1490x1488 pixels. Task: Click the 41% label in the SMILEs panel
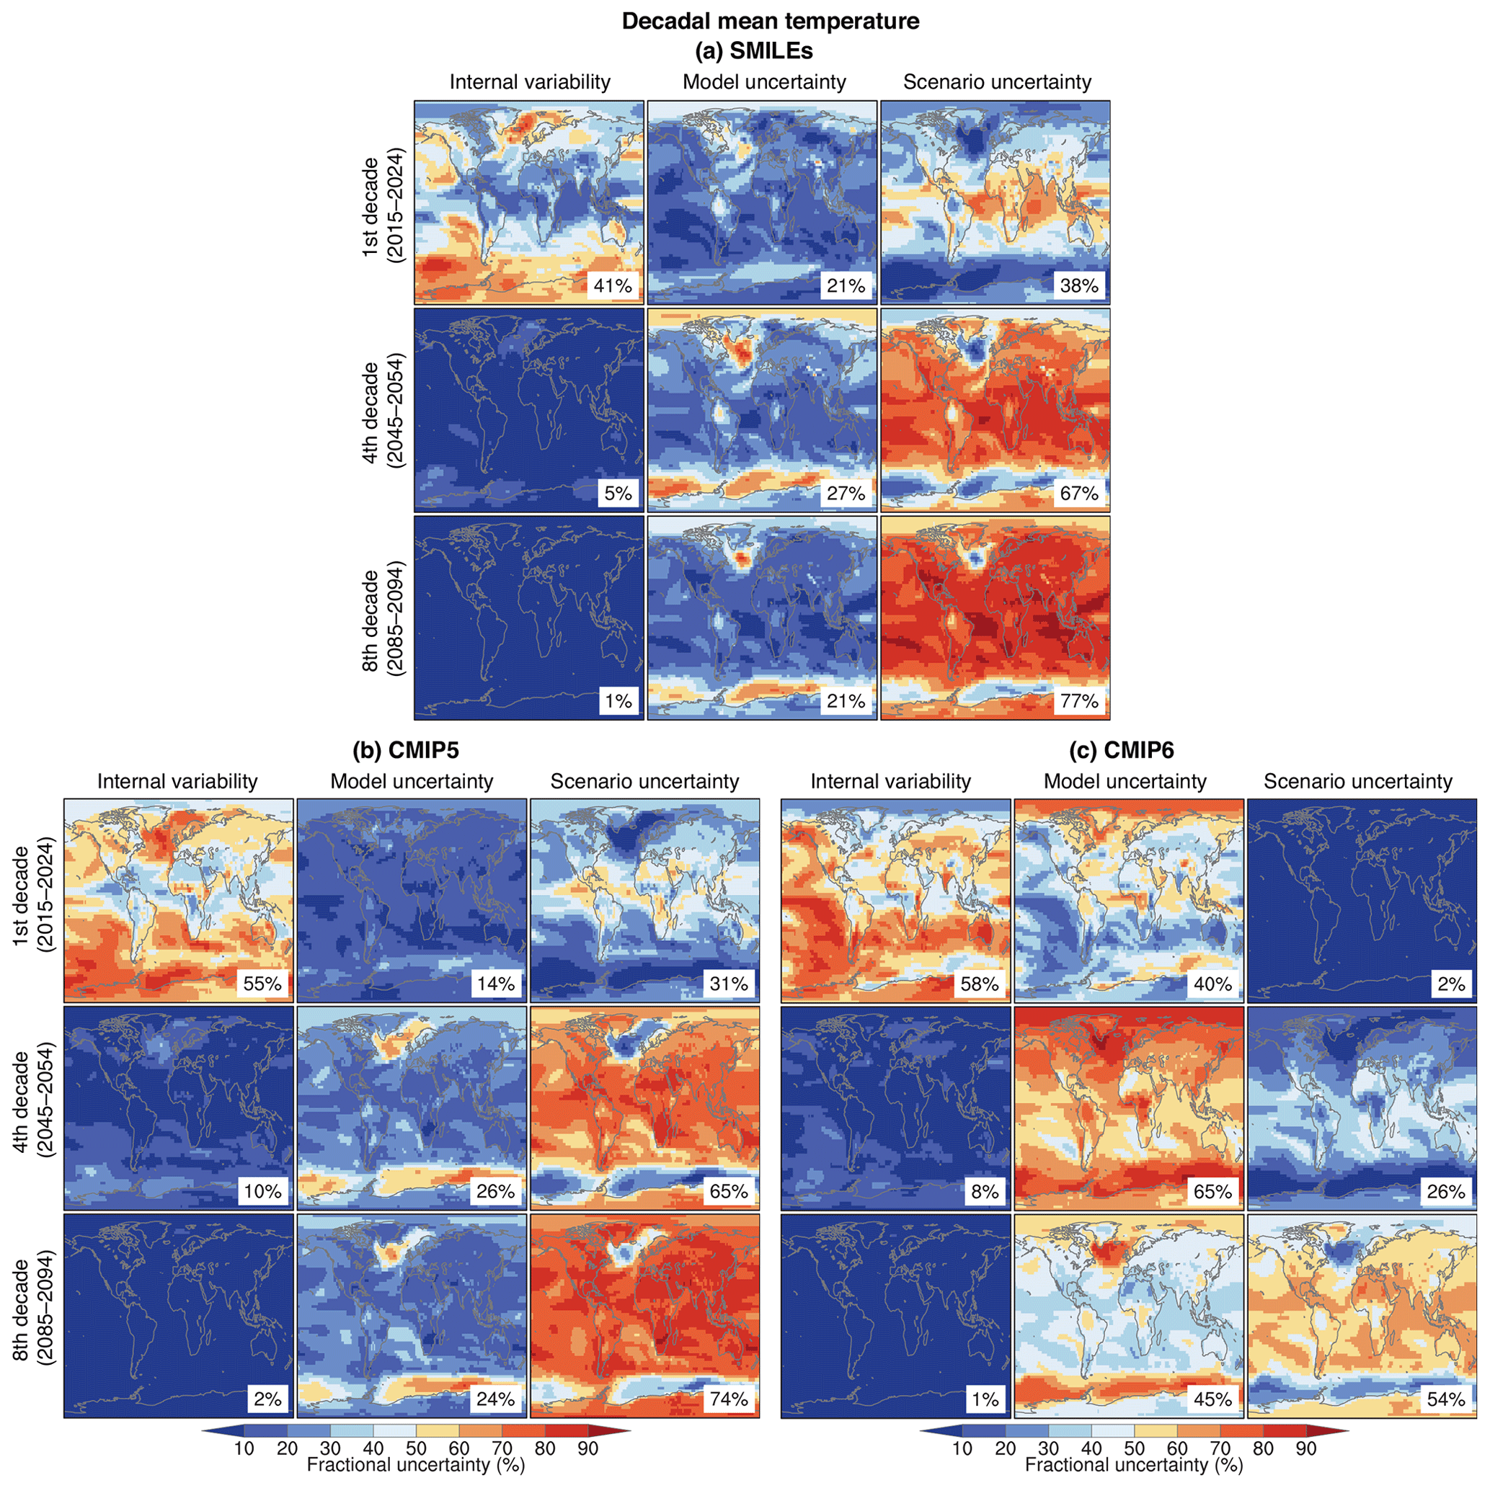click(x=613, y=286)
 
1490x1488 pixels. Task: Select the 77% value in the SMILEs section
click(x=1079, y=701)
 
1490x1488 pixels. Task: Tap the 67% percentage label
click(x=1079, y=494)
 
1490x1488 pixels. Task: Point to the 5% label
click(x=618, y=494)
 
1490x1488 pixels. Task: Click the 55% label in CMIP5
click(x=263, y=984)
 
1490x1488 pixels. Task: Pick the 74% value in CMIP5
click(x=729, y=1399)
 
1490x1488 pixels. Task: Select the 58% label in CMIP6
click(x=980, y=984)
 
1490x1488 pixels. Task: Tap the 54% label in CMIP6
click(x=1446, y=1399)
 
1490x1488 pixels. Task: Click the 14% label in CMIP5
click(x=496, y=984)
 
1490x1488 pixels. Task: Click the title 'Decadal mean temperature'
click(x=771, y=21)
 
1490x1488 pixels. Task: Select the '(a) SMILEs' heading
click(x=753, y=51)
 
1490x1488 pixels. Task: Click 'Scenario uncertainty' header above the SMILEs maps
click(x=997, y=82)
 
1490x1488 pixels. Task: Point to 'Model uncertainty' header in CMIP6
click(x=1125, y=781)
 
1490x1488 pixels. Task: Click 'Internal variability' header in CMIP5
click(x=177, y=781)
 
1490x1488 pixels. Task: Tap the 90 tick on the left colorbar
click(x=587, y=1448)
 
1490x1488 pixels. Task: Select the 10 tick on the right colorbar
click(x=962, y=1448)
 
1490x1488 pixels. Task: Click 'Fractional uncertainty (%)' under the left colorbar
click(x=416, y=1465)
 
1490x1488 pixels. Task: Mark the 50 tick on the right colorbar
click(x=1134, y=1448)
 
